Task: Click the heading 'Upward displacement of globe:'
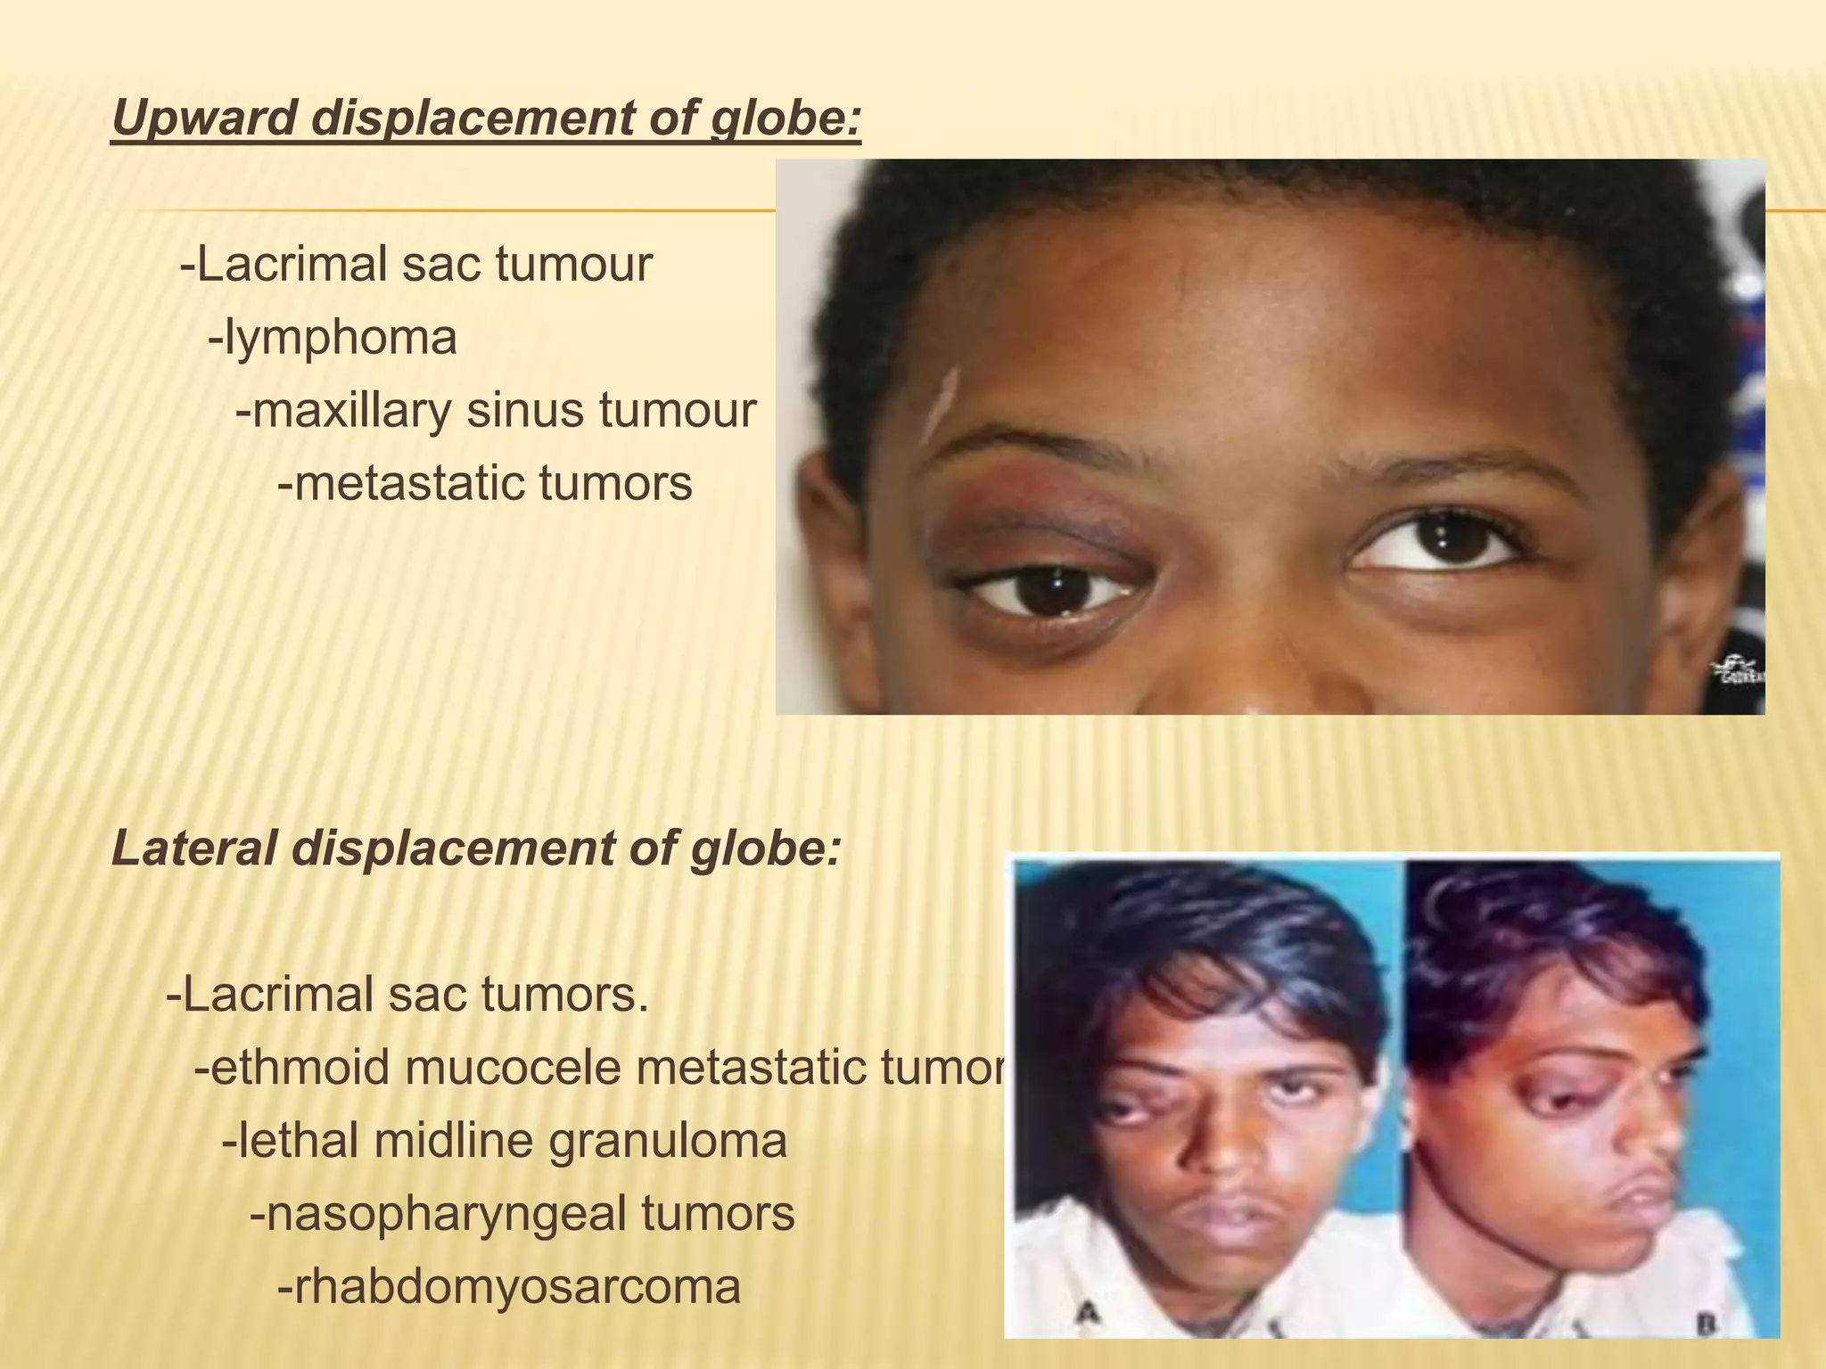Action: pos(487,118)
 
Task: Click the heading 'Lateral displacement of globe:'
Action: pos(476,848)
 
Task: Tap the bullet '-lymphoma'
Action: pos(333,338)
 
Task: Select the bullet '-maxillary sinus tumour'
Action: pos(496,411)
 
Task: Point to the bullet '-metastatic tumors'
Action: pos(485,484)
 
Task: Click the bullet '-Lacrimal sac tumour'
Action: pos(416,265)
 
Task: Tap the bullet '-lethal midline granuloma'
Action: pos(505,1140)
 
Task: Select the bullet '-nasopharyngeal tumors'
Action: pos(522,1213)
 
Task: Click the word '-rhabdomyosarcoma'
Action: pos(509,1286)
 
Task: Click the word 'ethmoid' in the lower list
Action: pos(292,1067)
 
